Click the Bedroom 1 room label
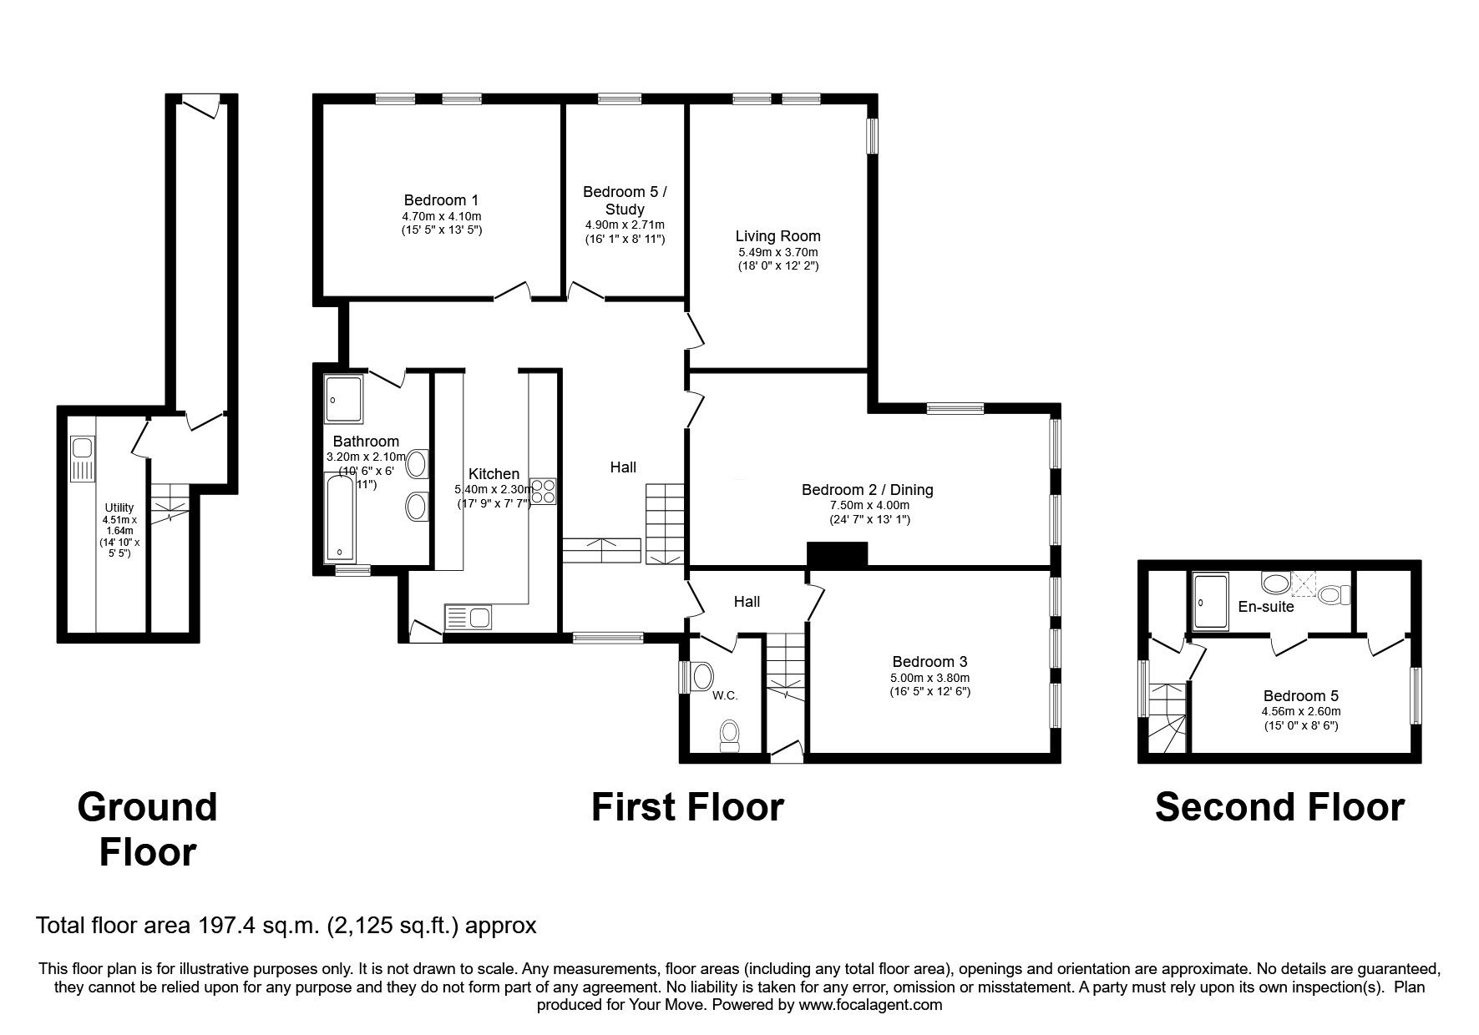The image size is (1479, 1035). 441,200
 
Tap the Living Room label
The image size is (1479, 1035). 777,236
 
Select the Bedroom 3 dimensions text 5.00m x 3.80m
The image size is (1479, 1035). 930,678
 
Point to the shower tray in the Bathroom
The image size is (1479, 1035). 343,399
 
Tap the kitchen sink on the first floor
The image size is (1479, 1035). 469,618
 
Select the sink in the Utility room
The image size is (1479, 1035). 83,460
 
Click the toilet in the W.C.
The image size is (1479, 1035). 729,735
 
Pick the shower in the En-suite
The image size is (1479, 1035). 1207,602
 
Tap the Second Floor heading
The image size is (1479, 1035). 1279,807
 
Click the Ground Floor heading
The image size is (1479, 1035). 148,830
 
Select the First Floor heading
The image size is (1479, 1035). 687,807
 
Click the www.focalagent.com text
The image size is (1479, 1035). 870,1005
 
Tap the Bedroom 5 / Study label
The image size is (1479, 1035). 625,200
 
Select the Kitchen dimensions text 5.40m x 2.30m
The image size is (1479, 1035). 494,489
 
